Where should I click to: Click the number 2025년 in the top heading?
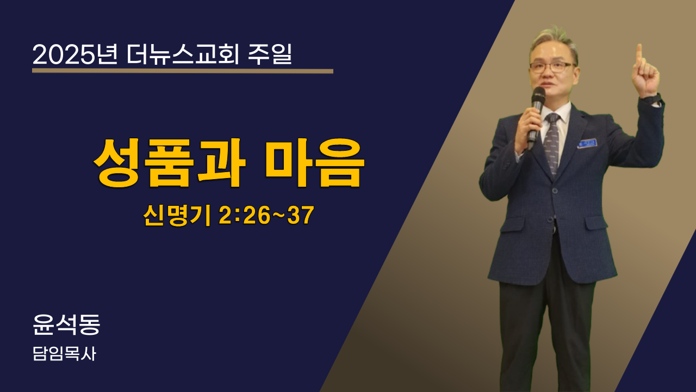(x=75, y=55)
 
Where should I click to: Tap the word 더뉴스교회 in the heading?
(x=183, y=55)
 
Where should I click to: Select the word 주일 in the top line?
(x=270, y=55)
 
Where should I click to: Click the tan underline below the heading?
(x=183, y=71)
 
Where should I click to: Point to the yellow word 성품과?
(x=170, y=163)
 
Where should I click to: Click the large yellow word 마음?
(x=314, y=163)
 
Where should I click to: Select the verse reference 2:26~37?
(x=266, y=215)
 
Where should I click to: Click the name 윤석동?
(x=66, y=324)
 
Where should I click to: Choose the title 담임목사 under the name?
(x=64, y=354)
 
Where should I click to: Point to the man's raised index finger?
(x=639, y=56)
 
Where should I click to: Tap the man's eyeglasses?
(x=552, y=67)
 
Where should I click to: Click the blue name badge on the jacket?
(x=587, y=143)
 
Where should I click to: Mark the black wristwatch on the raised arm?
(x=652, y=99)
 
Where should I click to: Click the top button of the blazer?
(x=555, y=191)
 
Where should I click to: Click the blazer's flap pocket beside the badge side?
(x=596, y=223)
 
